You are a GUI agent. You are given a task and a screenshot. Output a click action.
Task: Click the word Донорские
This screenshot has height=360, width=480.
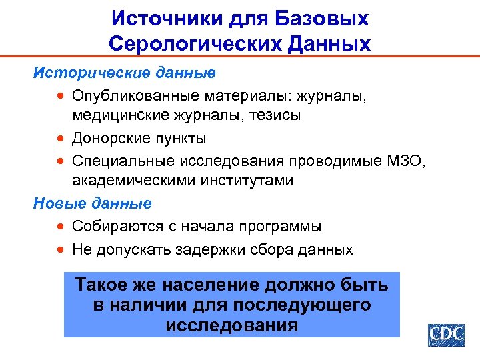tap(111, 138)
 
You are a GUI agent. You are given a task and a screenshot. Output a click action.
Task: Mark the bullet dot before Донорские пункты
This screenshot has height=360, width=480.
tap(61, 139)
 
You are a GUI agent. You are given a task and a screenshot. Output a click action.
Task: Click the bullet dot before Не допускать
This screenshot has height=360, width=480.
tap(61, 250)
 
